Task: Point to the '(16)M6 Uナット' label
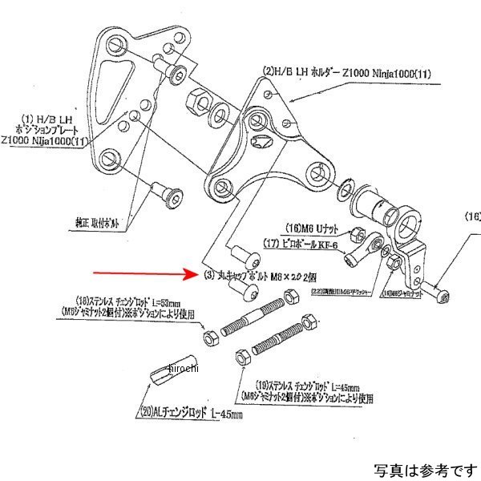click(313, 228)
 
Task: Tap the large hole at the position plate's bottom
click(111, 160)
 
